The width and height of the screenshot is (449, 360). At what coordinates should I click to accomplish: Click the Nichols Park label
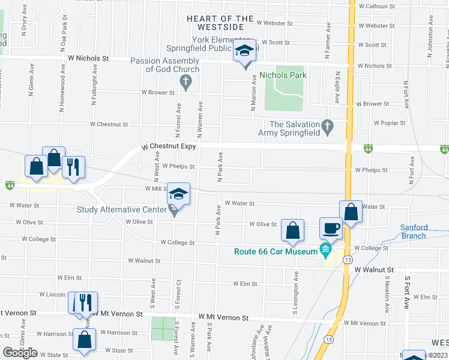[x=283, y=75]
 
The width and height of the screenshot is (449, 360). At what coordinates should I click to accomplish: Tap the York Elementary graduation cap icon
[x=244, y=52]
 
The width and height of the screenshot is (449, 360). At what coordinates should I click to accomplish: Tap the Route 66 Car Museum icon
[x=325, y=249]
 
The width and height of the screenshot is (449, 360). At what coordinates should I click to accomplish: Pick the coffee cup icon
[x=331, y=228]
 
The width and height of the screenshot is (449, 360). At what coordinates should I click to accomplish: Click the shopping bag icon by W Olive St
[x=292, y=230]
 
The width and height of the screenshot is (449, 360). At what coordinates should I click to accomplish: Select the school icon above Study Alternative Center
[x=178, y=194]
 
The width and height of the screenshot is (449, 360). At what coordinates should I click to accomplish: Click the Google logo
[x=20, y=353]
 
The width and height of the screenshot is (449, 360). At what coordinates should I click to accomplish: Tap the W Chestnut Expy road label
[x=169, y=147]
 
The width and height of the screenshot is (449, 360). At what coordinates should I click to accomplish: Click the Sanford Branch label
[x=414, y=232]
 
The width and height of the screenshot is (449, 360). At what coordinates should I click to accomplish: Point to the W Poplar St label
[x=387, y=122]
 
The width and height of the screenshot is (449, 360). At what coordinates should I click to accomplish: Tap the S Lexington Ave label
[x=296, y=294]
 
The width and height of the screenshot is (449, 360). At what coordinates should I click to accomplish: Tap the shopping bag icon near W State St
[x=84, y=339]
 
